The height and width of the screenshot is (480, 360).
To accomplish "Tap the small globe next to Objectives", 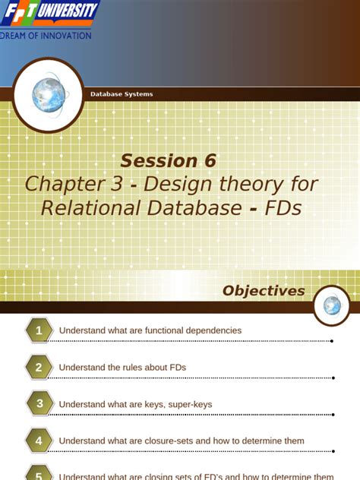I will (x=332, y=305).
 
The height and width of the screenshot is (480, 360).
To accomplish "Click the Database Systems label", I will (x=122, y=94).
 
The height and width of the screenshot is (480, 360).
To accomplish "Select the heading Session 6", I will (x=169, y=160).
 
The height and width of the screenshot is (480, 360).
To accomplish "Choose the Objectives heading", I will (x=263, y=291).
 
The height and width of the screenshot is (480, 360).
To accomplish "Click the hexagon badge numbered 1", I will (x=39, y=330).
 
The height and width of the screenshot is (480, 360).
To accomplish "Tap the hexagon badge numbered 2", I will (x=39, y=367).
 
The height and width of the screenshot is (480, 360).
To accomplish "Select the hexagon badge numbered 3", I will (x=39, y=403).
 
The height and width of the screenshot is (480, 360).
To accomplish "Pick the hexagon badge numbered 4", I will (x=39, y=441).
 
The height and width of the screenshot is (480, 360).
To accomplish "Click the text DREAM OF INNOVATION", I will (x=46, y=34).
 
